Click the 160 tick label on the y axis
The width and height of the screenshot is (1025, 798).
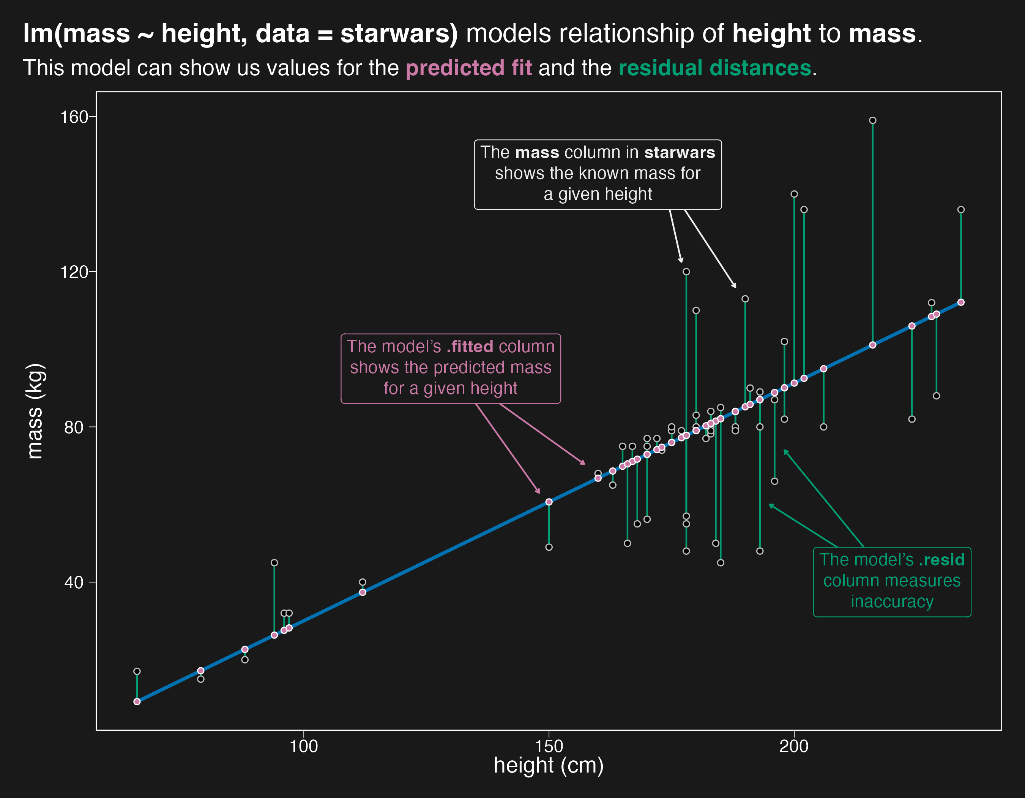(x=74, y=117)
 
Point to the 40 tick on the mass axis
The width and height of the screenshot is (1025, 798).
(x=74, y=583)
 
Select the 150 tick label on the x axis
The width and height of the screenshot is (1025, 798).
(x=549, y=746)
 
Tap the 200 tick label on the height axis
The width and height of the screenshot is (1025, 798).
(x=794, y=746)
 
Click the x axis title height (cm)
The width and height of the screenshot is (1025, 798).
(x=548, y=766)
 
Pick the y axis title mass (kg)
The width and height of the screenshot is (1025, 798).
(x=35, y=411)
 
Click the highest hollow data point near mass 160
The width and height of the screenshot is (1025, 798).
(x=872, y=120)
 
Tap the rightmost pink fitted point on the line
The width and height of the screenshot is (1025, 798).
(x=961, y=302)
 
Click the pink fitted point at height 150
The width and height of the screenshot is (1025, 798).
(x=549, y=502)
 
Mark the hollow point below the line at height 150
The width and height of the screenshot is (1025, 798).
(x=549, y=547)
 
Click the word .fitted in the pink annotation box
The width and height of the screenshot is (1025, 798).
(x=470, y=347)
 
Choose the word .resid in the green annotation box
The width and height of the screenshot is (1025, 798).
(x=941, y=560)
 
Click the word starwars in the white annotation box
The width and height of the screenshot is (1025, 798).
(x=680, y=153)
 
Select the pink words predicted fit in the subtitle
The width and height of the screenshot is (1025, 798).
(x=468, y=68)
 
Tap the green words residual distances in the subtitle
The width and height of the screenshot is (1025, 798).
(x=714, y=68)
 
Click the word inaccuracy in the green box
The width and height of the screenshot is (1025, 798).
(x=892, y=602)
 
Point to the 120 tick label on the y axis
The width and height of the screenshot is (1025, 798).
(x=74, y=272)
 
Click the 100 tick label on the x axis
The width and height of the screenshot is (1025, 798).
(x=304, y=746)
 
